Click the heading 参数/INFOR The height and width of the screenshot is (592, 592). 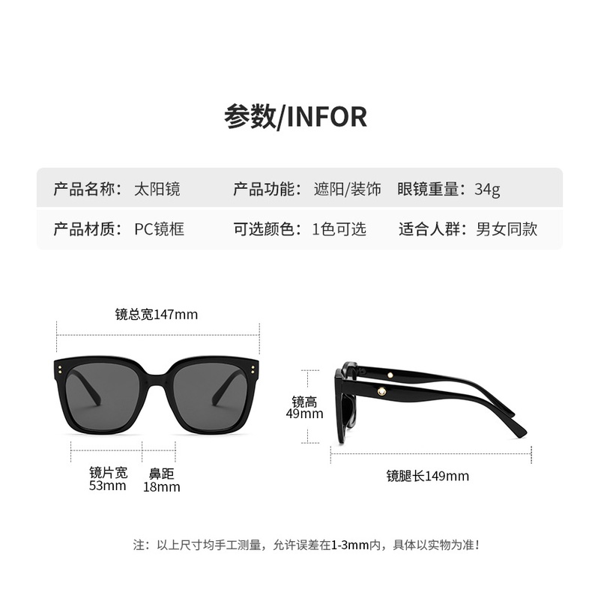tap(295, 117)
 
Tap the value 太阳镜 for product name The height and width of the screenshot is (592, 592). tap(156, 189)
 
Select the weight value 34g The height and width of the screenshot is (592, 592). tap(487, 189)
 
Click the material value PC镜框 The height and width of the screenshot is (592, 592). tap(159, 229)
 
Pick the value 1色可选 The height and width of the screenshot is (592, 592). tap(339, 229)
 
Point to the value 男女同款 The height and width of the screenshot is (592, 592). tap(507, 229)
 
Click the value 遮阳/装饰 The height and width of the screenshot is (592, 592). tap(347, 189)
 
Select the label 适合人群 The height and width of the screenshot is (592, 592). tap(433, 229)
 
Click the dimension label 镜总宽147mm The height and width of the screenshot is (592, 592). tap(157, 315)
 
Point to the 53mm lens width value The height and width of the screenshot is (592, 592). tap(108, 486)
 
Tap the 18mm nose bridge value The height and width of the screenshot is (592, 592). tap(161, 487)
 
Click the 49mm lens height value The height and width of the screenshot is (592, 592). tap(307, 414)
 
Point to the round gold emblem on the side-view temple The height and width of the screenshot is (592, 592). tap(380, 390)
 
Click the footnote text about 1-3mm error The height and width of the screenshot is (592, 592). tap(306, 545)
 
